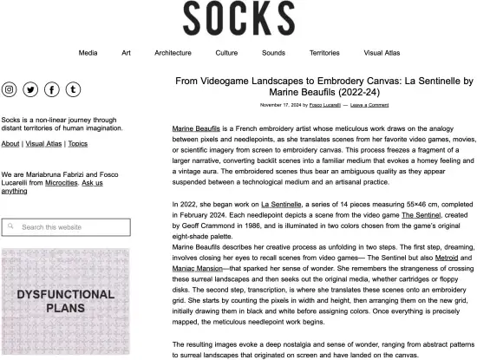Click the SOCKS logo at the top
(238, 18)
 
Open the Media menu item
(88, 53)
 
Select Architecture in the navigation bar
(173, 53)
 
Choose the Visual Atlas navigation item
(382, 53)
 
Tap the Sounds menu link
(273, 53)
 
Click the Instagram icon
(10, 89)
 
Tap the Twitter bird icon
(30, 89)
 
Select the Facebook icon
(52, 89)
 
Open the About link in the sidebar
(10, 144)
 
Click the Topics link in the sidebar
(77, 144)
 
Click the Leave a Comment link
(369, 105)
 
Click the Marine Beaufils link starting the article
(195, 128)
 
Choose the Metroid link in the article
(447, 258)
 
